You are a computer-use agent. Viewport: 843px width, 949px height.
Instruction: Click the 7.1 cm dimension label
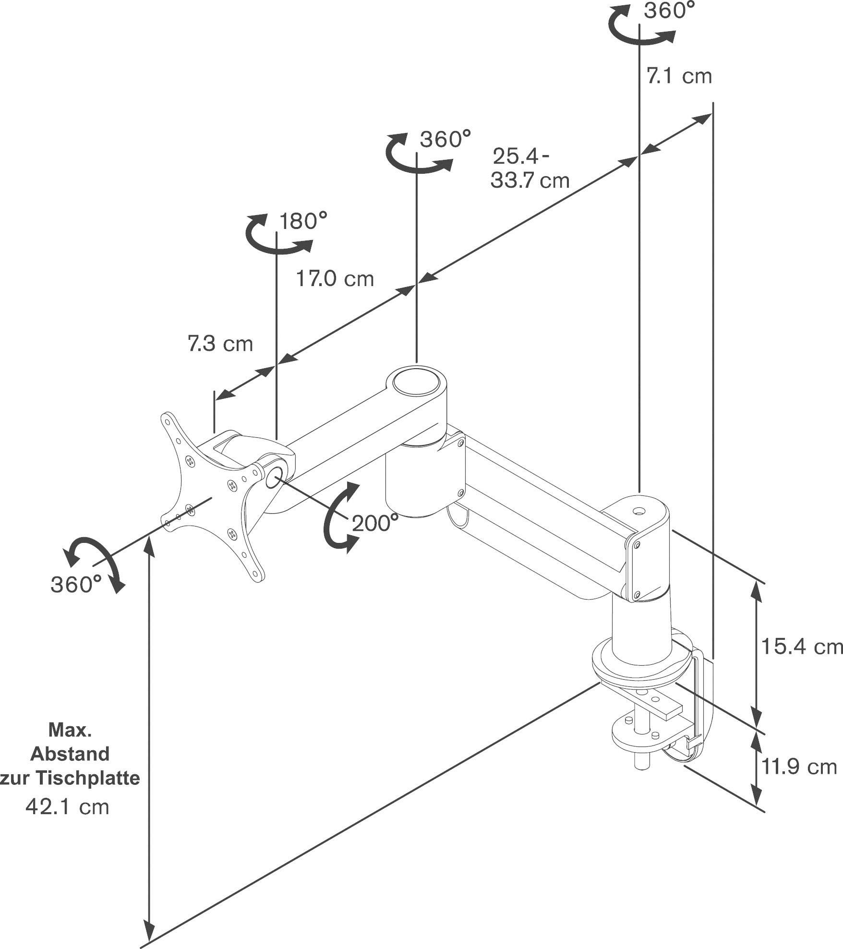tap(679, 77)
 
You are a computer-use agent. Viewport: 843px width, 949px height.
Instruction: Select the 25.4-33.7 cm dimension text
tap(530, 168)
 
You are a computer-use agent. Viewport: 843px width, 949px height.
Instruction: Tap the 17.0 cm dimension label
tap(335, 279)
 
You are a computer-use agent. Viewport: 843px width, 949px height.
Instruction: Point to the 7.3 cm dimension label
tap(220, 344)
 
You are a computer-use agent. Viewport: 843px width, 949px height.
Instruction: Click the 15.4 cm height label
tap(802, 647)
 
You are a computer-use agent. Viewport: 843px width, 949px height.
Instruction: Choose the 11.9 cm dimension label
tap(799, 767)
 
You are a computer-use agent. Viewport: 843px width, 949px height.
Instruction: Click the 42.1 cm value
tap(68, 806)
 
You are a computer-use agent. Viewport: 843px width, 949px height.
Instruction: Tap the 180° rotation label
tap(303, 222)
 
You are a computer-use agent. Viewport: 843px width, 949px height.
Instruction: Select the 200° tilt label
tap(375, 523)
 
